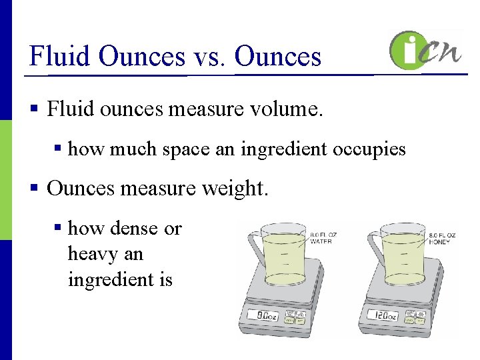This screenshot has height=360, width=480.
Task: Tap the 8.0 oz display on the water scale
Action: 263,315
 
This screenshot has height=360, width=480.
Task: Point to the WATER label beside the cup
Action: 321,241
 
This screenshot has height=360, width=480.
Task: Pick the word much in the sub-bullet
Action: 133,149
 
